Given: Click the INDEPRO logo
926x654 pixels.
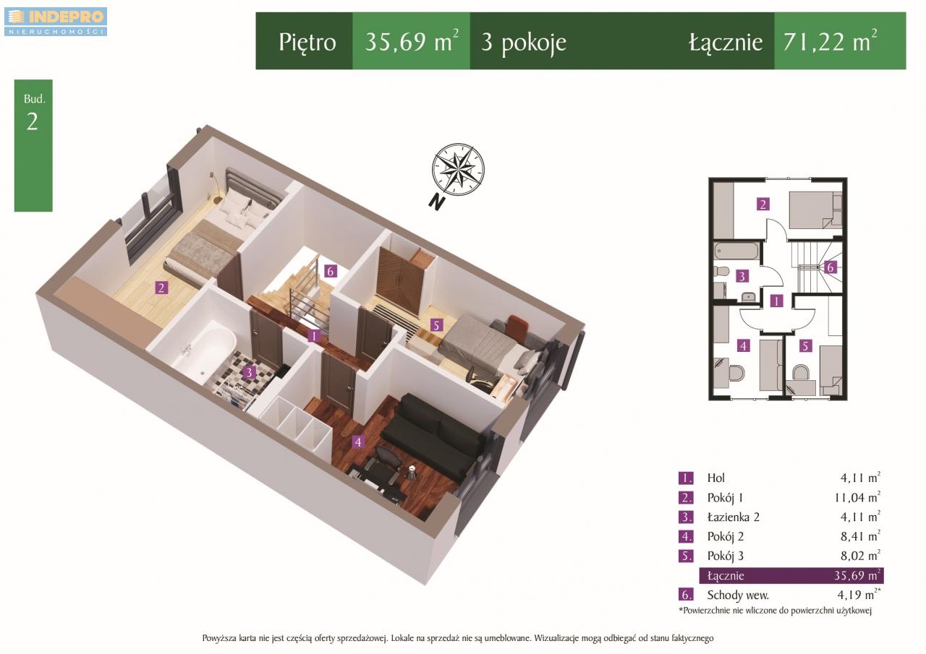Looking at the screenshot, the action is pyautogui.click(x=56, y=22).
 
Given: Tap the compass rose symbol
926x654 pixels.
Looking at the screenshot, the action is pyautogui.click(x=458, y=169).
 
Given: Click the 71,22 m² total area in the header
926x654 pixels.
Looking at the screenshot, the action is pyautogui.click(x=830, y=41).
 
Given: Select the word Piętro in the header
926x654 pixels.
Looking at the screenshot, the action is pyautogui.click(x=307, y=43).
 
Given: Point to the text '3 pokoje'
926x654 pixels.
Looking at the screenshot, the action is pyautogui.click(x=523, y=43).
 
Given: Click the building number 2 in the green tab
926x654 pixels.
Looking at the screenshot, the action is pyautogui.click(x=33, y=122).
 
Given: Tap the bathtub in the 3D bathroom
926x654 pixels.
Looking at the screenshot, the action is pyautogui.click(x=203, y=351).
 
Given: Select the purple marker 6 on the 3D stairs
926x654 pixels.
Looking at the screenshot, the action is pyautogui.click(x=330, y=271).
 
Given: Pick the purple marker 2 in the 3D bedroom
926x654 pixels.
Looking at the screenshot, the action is pyautogui.click(x=161, y=288).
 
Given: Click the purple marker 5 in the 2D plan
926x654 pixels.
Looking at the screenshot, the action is pyautogui.click(x=805, y=345).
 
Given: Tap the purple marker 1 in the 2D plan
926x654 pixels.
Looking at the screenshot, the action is pyautogui.click(x=776, y=301).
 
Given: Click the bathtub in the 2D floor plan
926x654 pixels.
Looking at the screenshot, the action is pyautogui.click(x=736, y=251).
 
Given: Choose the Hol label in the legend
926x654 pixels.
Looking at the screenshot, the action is pyautogui.click(x=715, y=478).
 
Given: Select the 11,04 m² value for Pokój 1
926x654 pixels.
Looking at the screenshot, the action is pyautogui.click(x=857, y=497).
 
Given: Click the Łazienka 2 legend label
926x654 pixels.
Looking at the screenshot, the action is pyautogui.click(x=733, y=517).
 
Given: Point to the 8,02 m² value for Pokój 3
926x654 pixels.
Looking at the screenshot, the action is pyautogui.click(x=860, y=555).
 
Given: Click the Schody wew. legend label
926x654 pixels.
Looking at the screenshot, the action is pyautogui.click(x=738, y=595).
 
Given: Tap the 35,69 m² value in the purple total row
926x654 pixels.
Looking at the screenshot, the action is pyautogui.click(x=857, y=575).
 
